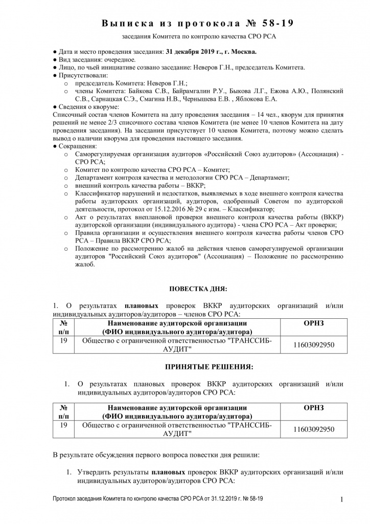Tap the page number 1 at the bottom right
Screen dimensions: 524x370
click(340, 499)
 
